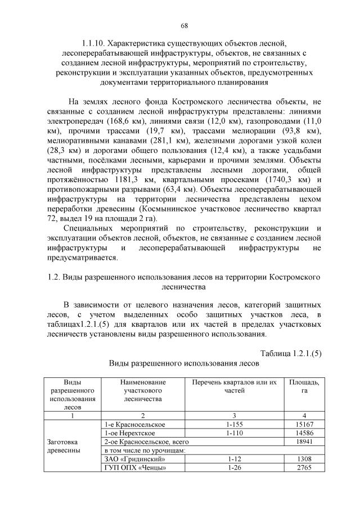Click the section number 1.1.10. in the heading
pyautogui.click(x=93, y=43)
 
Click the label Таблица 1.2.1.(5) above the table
pyautogui.click(x=290, y=353)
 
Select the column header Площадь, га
pyautogui.click(x=304, y=386)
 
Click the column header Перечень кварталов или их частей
pyautogui.click(x=235, y=386)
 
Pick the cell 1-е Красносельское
pyautogui.click(x=135, y=424)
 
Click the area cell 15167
pyautogui.click(x=304, y=424)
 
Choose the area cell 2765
pyautogui.click(x=304, y=468)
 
